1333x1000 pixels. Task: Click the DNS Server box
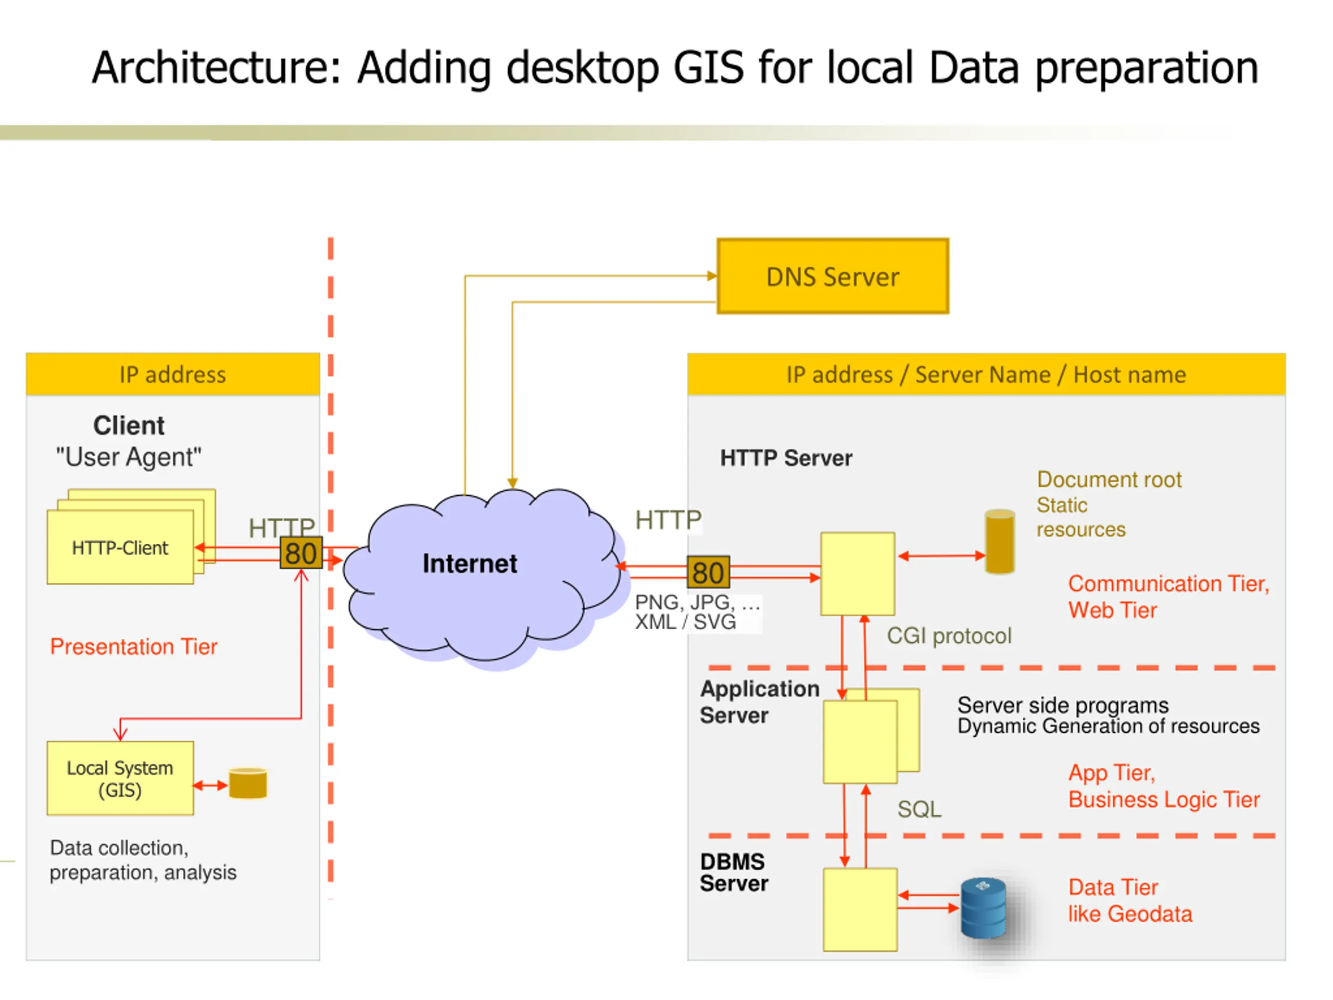[832, 276]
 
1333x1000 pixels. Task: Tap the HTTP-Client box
[120, 547]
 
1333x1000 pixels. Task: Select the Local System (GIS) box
[120, 778]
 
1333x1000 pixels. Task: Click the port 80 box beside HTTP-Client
[301, 553]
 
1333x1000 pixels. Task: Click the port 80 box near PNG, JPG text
[708, 572]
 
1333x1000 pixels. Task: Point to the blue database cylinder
[983, 908]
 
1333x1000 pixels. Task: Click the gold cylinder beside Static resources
[1000, 542]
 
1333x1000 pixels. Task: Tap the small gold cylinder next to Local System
[248, 783]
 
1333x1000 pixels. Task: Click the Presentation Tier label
[134, 647]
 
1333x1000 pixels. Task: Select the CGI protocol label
[949, 636]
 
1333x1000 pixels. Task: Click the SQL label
[919, 809]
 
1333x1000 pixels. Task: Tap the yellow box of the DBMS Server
[860, 909]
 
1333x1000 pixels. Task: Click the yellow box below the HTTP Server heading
[858, 574]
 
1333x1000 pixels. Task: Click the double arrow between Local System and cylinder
[210, 785]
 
